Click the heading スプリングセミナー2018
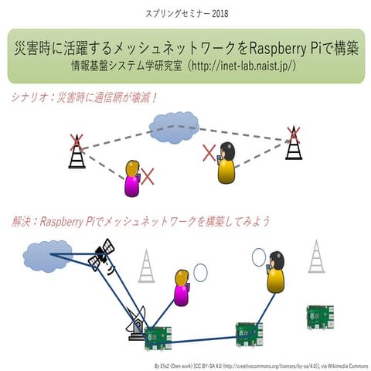coord(186,13)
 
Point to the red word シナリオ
coord(31,98)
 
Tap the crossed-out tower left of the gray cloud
coord(76,151)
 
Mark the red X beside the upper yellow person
coord(209,152)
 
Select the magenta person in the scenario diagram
coord(131,179)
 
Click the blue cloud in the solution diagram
coord(47,254)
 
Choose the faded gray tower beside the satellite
coord(146,267)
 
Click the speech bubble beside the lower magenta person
coord(201,273)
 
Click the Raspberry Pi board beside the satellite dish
coord(158,336)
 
